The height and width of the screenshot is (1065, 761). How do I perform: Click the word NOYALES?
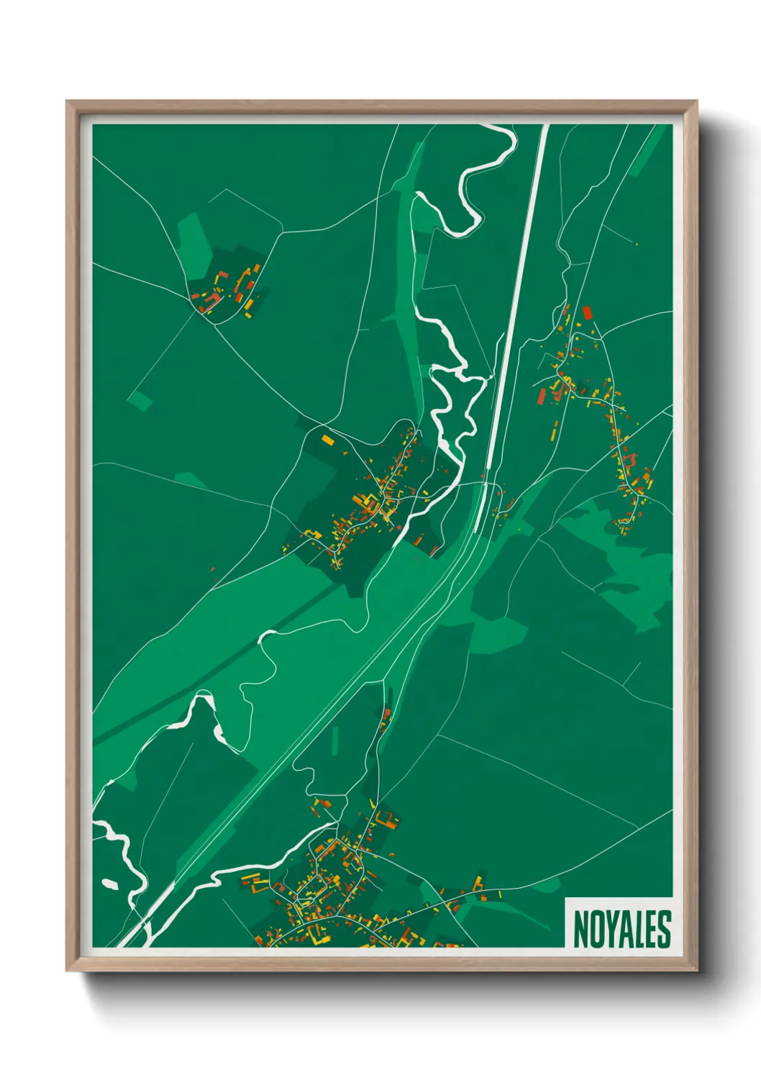coord(621,929)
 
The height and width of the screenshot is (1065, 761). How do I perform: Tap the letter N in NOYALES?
coord(579,929)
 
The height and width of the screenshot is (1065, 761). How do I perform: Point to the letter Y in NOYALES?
coord(609,929)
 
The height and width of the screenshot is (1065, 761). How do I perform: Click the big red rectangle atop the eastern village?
coord(587,312)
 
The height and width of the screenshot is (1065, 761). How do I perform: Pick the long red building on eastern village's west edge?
coord(542,396)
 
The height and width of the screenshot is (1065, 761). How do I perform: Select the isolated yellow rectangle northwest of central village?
coord(328,439)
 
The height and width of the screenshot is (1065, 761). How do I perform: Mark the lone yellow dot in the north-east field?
coord(637,245)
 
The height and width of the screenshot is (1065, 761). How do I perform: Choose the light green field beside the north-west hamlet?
coord(192,237)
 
